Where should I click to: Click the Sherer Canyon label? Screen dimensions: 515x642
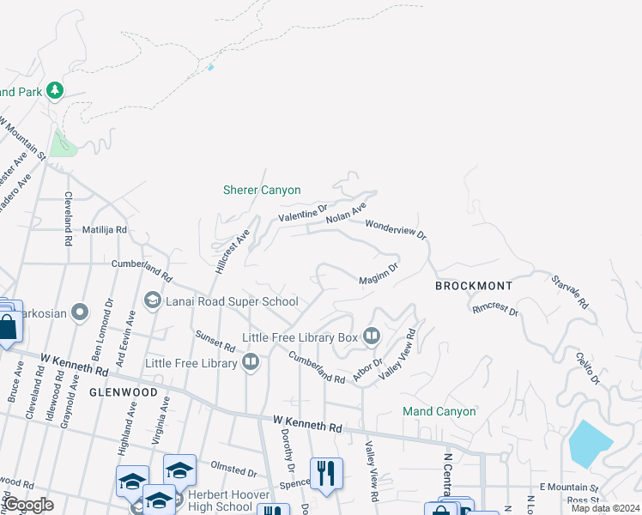click(x=262, y=190)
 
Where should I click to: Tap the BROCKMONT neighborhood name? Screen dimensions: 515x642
click(x=474, y=286)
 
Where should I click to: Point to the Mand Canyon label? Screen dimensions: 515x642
click(x=439, y=411)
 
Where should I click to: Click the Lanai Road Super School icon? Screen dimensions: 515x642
click(x=153, y=300)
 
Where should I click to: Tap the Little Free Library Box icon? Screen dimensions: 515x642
click(x=372, y=336)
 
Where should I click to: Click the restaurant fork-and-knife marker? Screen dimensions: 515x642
click(x=326, y=473)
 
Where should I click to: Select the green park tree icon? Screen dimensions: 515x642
click(x=55, y=89)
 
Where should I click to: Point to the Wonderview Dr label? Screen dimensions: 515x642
click(x=396, y=228)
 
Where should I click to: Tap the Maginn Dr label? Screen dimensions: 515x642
click(x=379, y=274)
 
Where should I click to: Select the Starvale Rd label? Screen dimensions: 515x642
click(x=570, y=291)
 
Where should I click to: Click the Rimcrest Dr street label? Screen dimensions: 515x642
click(x=495, y=308)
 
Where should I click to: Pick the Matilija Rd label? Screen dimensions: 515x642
click(x=104, y=230)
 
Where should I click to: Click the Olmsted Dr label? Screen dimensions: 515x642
click(x=234, y=471)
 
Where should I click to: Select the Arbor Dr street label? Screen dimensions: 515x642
click(x=366, y=372)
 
